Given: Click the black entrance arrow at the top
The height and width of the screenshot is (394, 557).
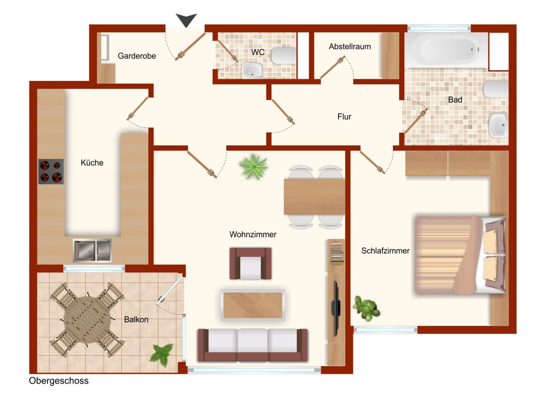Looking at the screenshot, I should pyautogui.click(x=186, y=20).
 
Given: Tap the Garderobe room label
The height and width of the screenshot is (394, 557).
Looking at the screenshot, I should pyautogui.click(x=137, y=56).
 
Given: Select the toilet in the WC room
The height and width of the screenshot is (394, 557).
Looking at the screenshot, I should pyautogui.click(x=283, y=55).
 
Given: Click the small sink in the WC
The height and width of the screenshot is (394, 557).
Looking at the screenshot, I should pyautogui.click(x=252, y=70).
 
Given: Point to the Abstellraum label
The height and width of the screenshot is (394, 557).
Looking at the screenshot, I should pyautogui.click(x=350, y=47).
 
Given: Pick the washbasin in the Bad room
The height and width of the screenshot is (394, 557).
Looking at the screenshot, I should pyautogui.click(x=498, y=125).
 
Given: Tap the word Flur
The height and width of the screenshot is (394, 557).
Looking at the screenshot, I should pyautogui.click(x=344, y=117).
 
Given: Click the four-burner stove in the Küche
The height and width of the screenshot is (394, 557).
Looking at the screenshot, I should pyautogui.click(x=51, y=172).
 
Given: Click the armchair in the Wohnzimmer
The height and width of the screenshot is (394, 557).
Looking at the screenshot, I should pyautogui.click(x=251, y=263).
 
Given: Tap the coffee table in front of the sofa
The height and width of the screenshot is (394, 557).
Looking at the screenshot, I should pyautogui.click(x=253, y=305).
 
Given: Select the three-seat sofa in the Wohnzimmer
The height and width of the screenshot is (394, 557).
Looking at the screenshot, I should pyautogui.click(x=252, y=345).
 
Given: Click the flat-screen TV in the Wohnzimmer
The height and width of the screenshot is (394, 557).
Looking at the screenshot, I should pyautogui.click(x=336, y=308).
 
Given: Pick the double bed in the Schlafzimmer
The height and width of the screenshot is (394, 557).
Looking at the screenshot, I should pyautogui.click(x=460, y=255).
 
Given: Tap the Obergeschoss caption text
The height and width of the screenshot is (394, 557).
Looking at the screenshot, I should pyautogui.click(x=59, y=381).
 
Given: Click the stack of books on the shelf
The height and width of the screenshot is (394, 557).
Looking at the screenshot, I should pyautogui.click(x=336, y=253).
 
